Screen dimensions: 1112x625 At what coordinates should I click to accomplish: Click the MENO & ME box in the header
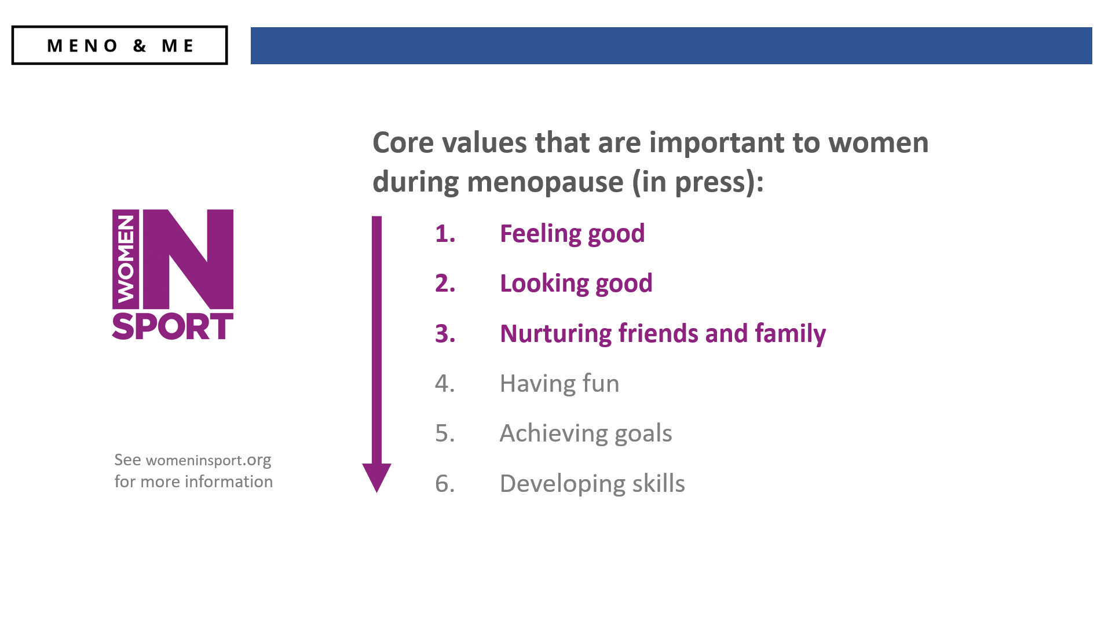tap(119, 45)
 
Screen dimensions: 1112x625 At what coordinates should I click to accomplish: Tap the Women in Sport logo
tap(173, 274)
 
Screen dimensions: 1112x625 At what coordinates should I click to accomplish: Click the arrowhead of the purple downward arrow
tap(376, 477)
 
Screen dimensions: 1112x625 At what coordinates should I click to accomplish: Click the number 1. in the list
tap(445, 234)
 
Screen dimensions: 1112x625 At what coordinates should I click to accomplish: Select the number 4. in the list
tap(445, 383)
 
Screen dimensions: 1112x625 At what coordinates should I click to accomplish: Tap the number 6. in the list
tap(445, 483)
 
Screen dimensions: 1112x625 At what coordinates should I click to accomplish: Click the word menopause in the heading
tap(546, 182)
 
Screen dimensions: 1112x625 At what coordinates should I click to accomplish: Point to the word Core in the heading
tap(403, 142)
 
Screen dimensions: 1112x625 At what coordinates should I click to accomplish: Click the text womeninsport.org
tap(209, 460)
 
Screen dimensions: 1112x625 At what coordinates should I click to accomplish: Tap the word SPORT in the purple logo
tap(173, 326)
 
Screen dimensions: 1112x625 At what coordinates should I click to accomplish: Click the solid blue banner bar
tap(671, 46)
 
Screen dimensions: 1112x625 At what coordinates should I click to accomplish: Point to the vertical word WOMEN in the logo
tap(126, 259)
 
